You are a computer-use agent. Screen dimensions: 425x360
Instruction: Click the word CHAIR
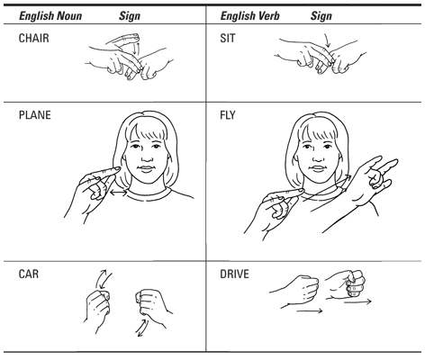click(33, 38)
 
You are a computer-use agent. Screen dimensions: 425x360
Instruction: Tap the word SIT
click(228, 38)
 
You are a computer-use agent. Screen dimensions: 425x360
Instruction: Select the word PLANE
click(34, 115)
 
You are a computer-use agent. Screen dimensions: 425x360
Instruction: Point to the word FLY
click(228, 115)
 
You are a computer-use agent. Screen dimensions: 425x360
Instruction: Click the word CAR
click(29, 274)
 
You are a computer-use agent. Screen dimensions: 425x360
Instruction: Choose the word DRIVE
click(234, 274)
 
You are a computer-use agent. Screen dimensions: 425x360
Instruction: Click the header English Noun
click(50, 15)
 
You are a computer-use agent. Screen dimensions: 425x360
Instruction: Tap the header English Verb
click(249, 15)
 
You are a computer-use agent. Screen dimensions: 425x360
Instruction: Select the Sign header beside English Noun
click(130, 16)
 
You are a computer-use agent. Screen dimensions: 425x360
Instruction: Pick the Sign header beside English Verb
click(321, 16)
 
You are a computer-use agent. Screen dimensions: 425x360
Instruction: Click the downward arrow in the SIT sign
click(327, 40)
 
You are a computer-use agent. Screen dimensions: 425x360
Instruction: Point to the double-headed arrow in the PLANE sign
click(119, 193)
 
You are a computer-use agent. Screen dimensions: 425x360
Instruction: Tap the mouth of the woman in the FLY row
click(318, 168)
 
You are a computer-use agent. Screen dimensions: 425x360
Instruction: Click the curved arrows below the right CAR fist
click(141, 328)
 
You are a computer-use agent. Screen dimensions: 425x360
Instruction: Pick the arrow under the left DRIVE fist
click(309, 310)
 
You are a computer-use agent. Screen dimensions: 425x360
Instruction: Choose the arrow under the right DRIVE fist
click(357, 301)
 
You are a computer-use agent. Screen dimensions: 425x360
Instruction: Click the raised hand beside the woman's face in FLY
click(372, 182)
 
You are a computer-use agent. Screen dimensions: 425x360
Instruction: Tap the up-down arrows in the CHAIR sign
click(136, 49)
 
